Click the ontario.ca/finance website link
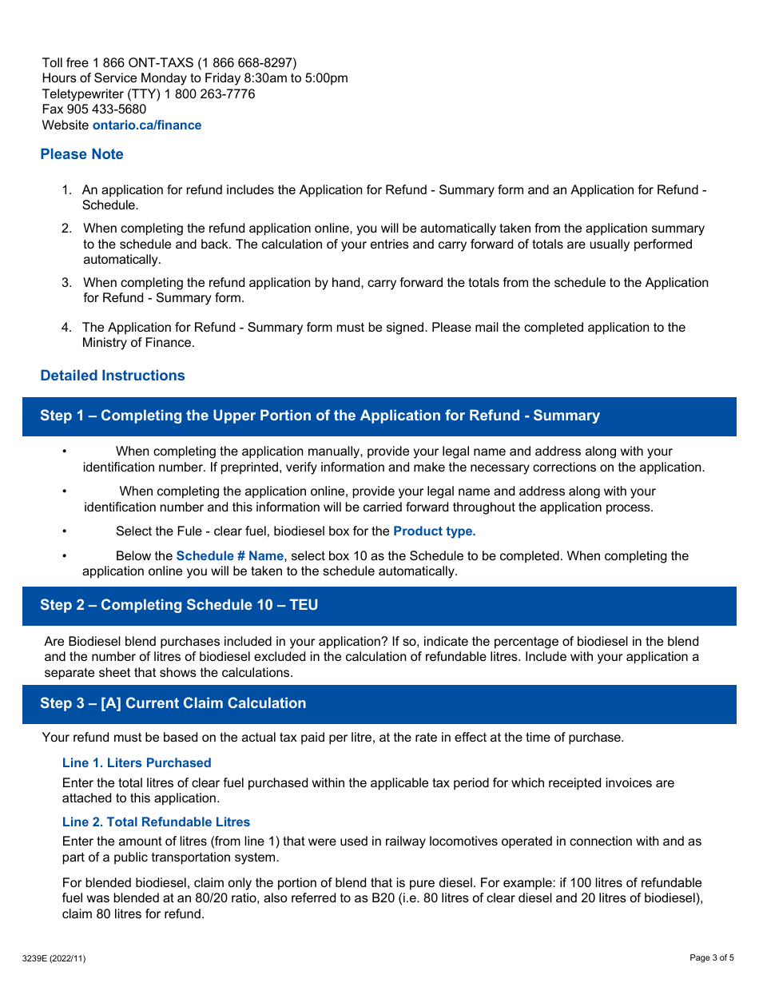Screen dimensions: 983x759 coord(147,125)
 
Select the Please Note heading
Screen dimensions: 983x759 coord(81,154)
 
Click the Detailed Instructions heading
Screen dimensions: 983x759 coord(113,376)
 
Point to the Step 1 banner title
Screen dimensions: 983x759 coord(320,416)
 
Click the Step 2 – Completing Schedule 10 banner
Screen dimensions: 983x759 coord(179,605)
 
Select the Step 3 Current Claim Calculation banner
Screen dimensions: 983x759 coord(173,703)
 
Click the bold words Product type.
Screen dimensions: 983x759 coord(434,531)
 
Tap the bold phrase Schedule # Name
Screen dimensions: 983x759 coord(229,556)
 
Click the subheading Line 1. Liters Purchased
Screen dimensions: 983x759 coord(137,763)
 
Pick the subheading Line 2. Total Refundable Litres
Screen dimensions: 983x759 coord(156,822)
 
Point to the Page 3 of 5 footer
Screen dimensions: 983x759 coord(711,957)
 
